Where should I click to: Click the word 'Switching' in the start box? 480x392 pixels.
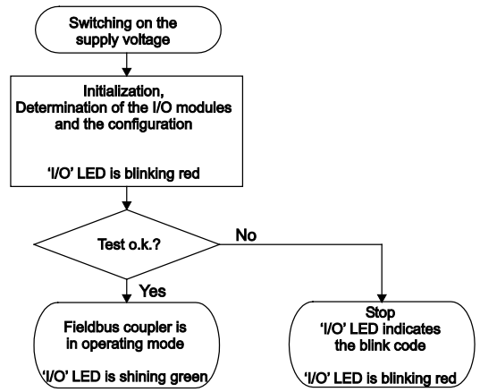click(96, 23)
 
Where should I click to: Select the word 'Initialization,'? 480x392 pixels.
click(123, 91)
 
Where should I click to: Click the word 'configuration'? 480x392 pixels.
click(150, 124)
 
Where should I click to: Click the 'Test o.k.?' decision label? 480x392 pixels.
click(129, 244)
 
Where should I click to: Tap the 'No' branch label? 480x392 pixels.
click(246, 235)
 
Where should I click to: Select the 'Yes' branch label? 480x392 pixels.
click(153, 291)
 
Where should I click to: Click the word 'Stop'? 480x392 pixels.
click(380, 313)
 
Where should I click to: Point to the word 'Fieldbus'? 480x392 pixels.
click(92, 328)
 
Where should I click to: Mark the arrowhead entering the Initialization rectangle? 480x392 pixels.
click(126, 72)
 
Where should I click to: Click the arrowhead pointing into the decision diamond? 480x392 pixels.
click(126, 206)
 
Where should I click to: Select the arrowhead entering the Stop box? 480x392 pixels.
click(382, 298)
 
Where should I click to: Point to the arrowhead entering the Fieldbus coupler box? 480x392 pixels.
click(126, 299)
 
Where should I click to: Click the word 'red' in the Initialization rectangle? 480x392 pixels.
click(189, 174)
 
